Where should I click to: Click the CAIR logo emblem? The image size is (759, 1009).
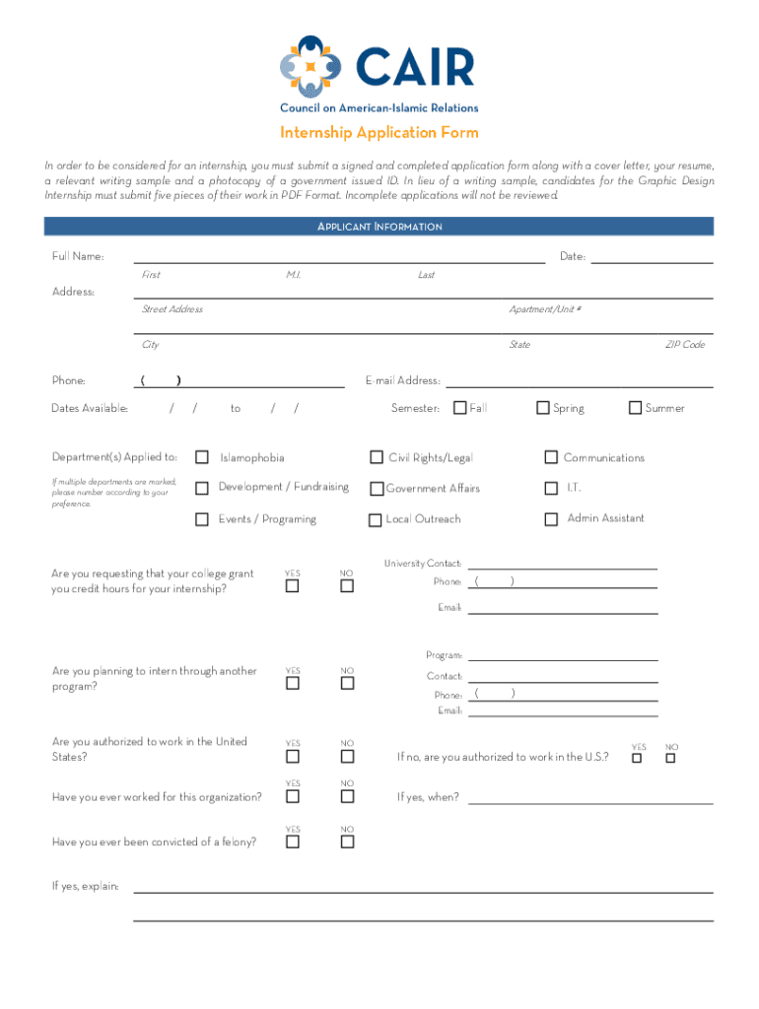click(313, 66)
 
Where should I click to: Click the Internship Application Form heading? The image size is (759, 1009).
click(379, 133)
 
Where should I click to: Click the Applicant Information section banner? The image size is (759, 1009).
click(379, 227)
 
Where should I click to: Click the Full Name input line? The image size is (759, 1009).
click(339, 258)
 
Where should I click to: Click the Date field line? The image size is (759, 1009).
click(651, 258)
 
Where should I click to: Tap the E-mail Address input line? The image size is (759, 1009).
click(579, 381)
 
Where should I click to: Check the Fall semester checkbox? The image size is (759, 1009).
click(459, 408)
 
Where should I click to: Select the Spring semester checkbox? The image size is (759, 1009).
click(543, 408)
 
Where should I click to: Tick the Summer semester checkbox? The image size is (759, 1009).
click(635, 408)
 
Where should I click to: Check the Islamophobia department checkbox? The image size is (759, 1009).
click(202, 457)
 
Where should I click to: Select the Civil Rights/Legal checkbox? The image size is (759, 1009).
click(377, 457)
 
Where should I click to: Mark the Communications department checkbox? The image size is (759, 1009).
click(551, 457)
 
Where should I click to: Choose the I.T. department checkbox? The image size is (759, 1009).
click(551, 488)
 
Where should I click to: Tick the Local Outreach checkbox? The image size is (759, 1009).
click(376, 520)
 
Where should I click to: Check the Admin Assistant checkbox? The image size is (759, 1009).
click(551, 519)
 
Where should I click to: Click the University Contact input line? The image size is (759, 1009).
click(562, 565)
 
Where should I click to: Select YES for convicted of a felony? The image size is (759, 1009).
click(293, 841)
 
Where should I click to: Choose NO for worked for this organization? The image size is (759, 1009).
click(347, 796)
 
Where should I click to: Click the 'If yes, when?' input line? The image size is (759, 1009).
click(589, 798)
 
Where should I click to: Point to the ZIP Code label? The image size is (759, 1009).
click(684, 345)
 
